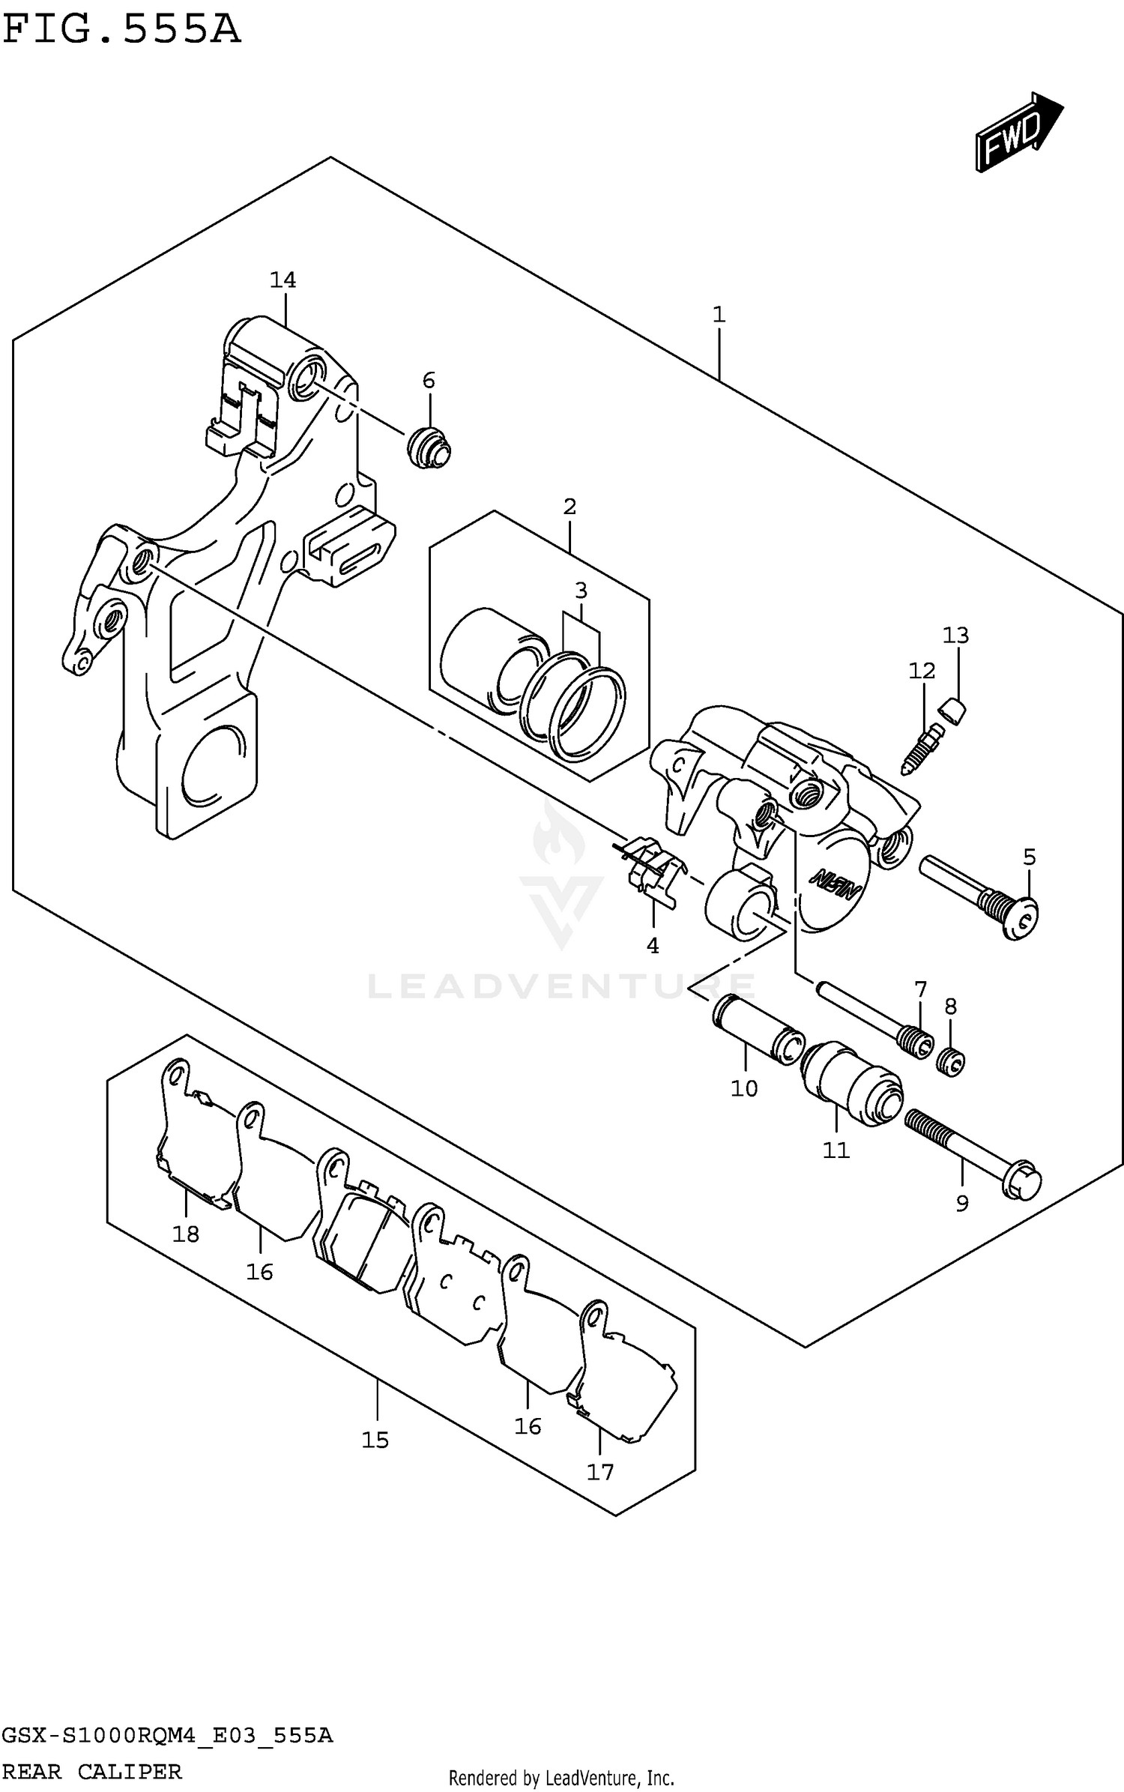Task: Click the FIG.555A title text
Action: (x=121, y=30)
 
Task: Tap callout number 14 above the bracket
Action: (x=282, y=280)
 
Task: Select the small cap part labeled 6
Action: (x=429, y=449)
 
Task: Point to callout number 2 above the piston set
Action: (x=569, y=507)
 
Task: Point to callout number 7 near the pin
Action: (x=921, y=990)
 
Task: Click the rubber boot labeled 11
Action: (x=850, y=1083)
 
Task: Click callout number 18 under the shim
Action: (x=186, y=1234)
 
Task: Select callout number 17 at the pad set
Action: (x=599, y=1473)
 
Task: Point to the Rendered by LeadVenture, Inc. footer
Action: (x=561, y=1778)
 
